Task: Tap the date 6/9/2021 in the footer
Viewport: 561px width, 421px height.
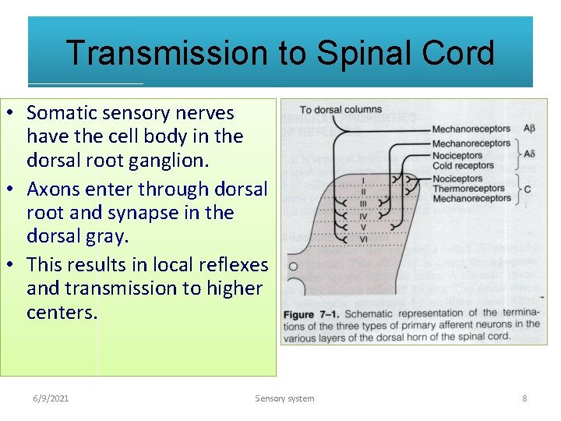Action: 51,398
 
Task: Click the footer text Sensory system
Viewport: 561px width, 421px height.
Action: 284,398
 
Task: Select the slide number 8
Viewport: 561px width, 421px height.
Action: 524,398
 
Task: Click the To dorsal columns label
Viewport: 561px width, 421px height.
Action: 340,110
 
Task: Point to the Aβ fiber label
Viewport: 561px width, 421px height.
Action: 528,129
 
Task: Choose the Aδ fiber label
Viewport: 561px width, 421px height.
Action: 528,154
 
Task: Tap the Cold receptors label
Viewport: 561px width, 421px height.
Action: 463,165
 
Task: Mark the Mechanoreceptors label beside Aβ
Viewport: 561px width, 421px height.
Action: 471,129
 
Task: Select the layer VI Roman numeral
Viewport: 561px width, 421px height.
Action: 363,239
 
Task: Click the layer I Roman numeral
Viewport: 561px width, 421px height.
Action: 363,180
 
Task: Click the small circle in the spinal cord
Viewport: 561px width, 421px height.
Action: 293,266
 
